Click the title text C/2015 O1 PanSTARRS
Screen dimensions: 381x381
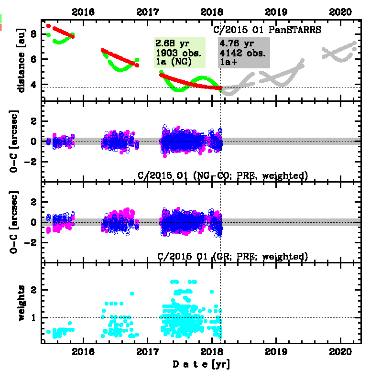(266, 29)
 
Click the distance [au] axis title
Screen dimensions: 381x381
(21, 59)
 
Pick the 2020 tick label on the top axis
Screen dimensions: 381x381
(341, 11)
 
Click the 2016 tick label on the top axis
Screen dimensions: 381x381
(84, 11)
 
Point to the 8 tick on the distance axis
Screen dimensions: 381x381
(33, 34)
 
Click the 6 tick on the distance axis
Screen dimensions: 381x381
(33, 59)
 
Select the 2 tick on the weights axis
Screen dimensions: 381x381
(33, 290)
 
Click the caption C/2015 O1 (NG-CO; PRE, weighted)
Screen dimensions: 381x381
(222, 176)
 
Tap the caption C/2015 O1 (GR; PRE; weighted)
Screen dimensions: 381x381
(232, 257)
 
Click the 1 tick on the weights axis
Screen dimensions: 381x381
(33, 317)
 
